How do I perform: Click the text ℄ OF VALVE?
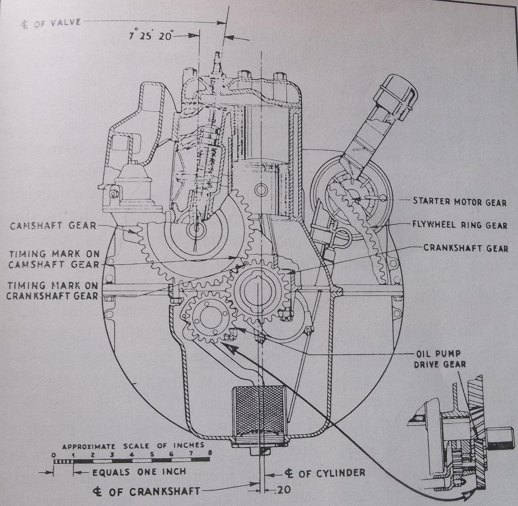tap(51, 22)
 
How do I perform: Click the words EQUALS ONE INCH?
tap(139, 472)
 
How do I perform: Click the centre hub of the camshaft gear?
tap(195, 230)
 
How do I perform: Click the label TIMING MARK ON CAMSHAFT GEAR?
tap(54, 258)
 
